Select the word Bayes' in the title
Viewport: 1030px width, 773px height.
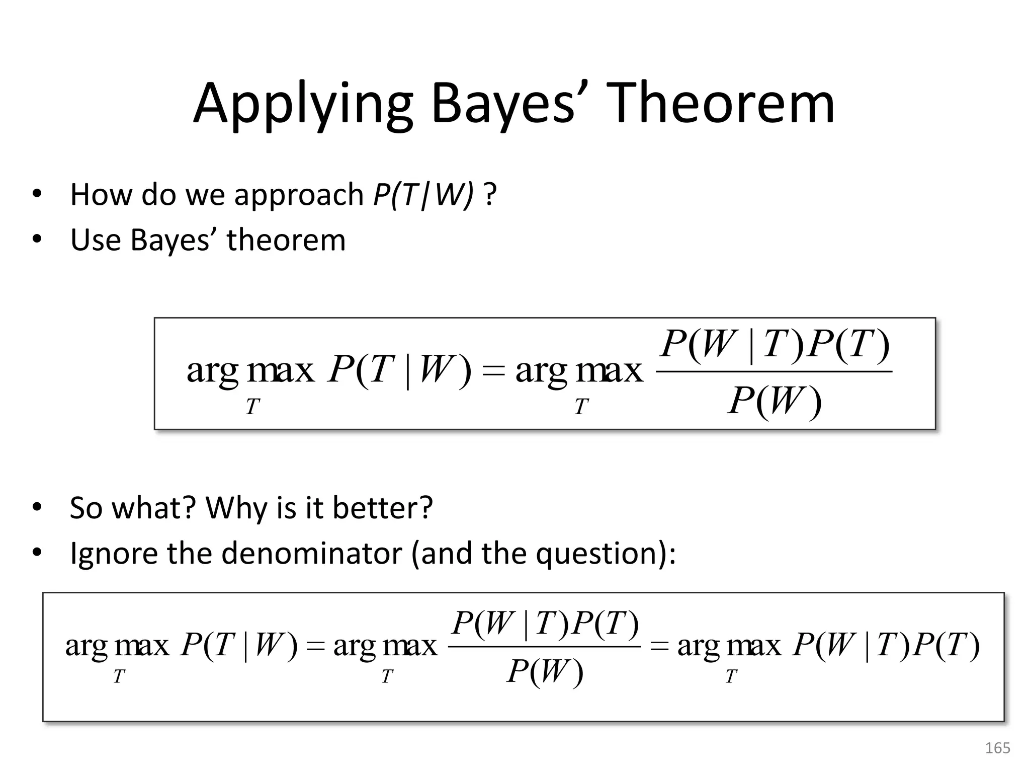[x=503, y=106]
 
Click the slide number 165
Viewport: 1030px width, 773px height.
[x=997, y=748]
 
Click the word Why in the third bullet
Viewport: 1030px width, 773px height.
[x=237, y=508]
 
